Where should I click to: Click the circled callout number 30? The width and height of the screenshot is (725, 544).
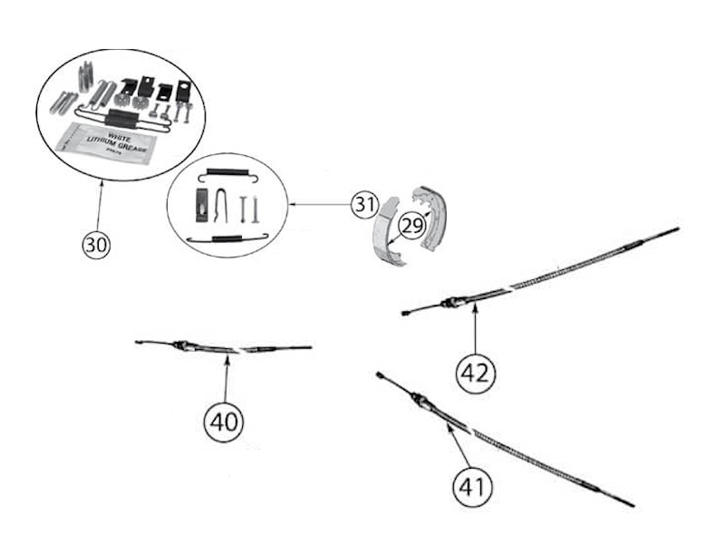point(96,245)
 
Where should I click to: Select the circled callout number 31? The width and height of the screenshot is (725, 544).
point(363,206)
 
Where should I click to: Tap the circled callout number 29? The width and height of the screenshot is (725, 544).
point(411,226)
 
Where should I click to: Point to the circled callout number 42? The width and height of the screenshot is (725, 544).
point(476,372)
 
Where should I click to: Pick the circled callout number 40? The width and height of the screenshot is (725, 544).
point(225,422)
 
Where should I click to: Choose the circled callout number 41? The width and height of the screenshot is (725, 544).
point(471,488)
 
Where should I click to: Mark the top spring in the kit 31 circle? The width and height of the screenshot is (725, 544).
point(227,172)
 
